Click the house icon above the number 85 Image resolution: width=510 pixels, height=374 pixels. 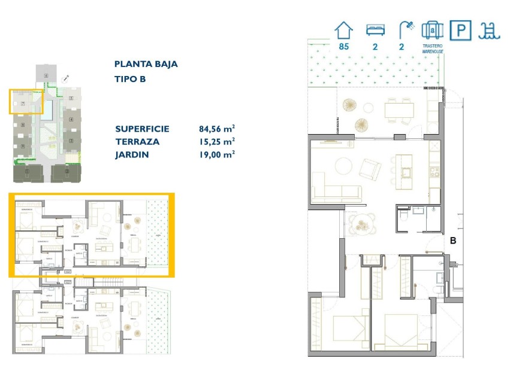pos(344,30)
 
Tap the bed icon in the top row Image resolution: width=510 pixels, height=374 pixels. pos(375,30)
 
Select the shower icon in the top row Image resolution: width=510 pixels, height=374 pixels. pos(406,29)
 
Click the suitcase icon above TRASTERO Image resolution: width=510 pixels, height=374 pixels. pos(432,30)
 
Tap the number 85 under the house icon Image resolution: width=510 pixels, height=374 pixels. pos(344,47)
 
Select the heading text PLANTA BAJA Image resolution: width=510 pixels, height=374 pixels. pos(146,64)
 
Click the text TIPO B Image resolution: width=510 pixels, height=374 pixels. pos(130,79)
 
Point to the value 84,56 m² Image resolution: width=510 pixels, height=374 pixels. pos(216,129)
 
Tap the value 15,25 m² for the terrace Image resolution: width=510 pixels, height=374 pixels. pos(216,141)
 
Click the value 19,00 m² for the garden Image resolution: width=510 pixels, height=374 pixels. pos(216,154)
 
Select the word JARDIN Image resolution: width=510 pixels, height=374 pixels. pos(132,154)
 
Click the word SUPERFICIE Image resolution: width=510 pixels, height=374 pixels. pos(142,129)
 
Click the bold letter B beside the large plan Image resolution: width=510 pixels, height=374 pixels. pos(454,241)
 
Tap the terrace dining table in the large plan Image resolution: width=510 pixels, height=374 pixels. pos(399,109)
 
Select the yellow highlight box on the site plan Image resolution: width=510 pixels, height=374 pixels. pos(26,101)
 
